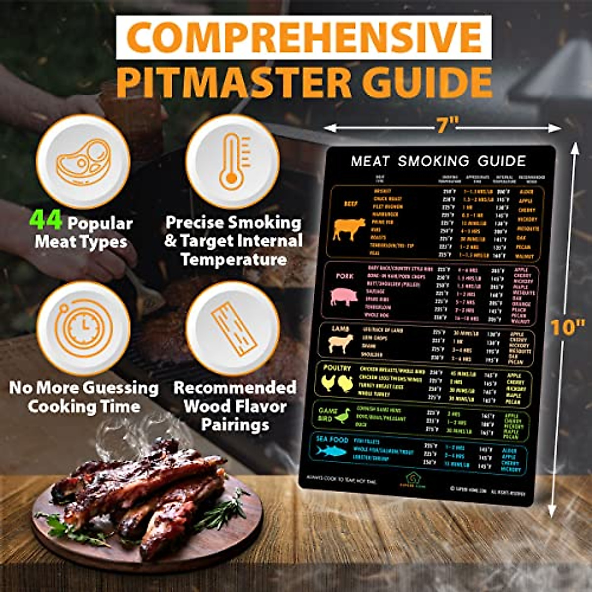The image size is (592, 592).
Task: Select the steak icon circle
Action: (83, 161)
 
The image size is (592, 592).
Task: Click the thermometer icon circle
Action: (232, 161)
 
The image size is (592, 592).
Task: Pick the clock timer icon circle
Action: (83, 328)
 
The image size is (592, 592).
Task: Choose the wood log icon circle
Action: (232, 328)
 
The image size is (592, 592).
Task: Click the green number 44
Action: (45, 221)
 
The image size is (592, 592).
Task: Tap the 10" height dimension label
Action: (567, 327)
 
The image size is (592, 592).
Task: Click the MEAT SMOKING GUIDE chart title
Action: (438, 161)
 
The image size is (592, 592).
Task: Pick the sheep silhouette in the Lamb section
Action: (341, 343)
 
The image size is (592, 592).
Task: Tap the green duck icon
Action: (342, 416)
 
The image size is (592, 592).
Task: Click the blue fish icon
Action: (331, 450)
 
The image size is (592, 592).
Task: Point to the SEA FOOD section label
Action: (333, 440)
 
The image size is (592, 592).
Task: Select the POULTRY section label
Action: (337, 368)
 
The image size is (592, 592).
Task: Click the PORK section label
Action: (345, 276)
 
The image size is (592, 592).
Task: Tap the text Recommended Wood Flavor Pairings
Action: (235, 406)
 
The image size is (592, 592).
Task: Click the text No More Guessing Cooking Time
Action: (84, 397)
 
